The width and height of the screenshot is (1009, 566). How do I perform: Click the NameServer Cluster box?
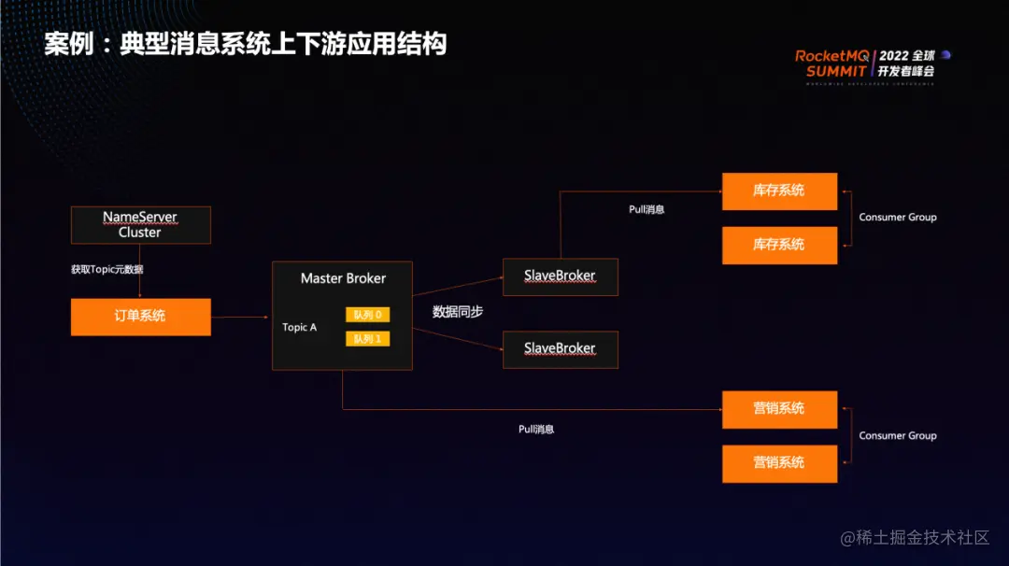tap(140, 225)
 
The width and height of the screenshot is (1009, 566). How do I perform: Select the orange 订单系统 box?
tap(140, 317)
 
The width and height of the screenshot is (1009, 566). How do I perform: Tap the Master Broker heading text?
tap(343, 278)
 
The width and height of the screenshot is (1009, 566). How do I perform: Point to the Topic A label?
tap(300, 328)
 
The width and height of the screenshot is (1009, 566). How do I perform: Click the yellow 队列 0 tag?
tap(367, 315)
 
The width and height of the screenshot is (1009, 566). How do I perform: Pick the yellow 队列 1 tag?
tap(367, 338)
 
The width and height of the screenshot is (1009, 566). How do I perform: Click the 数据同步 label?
tap(458, 312)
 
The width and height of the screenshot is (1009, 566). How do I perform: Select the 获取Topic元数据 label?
tap(107, 269)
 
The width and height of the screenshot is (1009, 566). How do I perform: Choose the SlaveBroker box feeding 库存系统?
tap(560, 276)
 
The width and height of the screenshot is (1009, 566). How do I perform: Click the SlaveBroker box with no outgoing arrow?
tap(560, 348)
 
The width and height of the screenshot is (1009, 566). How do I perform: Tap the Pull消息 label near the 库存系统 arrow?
tap(647, 210)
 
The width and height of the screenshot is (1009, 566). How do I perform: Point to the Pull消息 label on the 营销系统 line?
tap(536, 429)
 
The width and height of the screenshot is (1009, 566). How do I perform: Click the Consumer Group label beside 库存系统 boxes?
tap(897, 218)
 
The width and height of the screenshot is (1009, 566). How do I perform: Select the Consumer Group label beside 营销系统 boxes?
tap(897, 436)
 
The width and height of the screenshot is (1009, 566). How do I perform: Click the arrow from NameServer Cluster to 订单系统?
tap(140, 272)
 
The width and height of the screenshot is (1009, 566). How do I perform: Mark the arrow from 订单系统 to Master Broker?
tap(241, 318)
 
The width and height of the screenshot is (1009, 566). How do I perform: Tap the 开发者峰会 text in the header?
tap(906, 71)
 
